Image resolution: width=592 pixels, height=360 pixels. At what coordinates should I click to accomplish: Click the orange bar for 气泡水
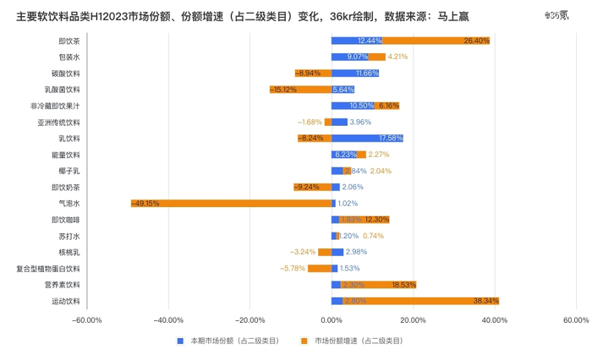tap(231, 203)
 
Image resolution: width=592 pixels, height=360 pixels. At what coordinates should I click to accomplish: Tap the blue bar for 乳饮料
tap(366, 138)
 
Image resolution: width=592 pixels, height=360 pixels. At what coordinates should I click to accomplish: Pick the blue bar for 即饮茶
tap(356, 41)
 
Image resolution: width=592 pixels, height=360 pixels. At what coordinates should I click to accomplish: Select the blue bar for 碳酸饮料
tap(354, 74)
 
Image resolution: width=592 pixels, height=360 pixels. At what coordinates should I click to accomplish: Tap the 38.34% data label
tap(486, 301)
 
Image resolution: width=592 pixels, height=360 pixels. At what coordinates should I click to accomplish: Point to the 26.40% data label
tap(476, 41)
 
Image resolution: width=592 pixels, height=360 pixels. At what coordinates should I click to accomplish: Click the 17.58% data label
tap(391, 138)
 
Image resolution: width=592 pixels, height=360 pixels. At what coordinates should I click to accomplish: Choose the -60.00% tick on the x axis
tap(87, 320)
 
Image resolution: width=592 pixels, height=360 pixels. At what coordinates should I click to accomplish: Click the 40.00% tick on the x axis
tap(494, 320)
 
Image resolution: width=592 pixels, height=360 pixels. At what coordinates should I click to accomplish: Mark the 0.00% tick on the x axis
tap(332, 320)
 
